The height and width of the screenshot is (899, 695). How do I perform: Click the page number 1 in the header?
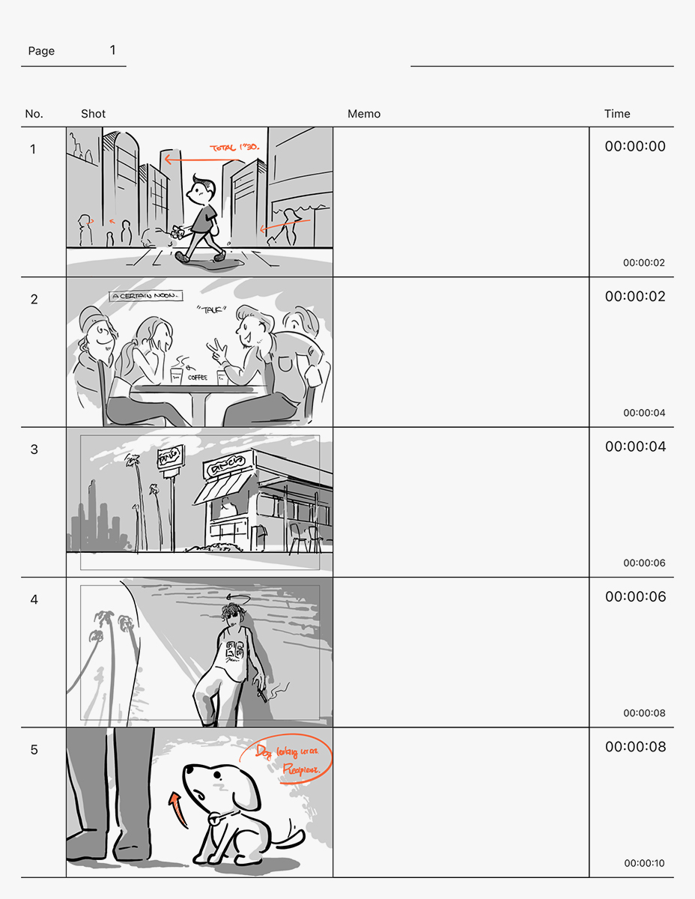(113, 50)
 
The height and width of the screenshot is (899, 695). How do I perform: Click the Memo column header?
(364, 114)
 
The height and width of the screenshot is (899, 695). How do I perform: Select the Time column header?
(617, 114)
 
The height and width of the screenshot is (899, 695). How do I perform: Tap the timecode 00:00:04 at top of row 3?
(635, 447)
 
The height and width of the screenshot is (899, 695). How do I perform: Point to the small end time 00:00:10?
(644, 863)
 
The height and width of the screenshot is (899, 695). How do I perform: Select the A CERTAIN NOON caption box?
(145, 296)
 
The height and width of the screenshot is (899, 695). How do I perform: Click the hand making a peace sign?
(216, 349)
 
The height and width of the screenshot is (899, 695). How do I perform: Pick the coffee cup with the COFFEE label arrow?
(177, 375)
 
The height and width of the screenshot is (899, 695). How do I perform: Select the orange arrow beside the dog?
(177, 809)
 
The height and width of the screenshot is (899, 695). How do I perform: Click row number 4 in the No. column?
(33, 599)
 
